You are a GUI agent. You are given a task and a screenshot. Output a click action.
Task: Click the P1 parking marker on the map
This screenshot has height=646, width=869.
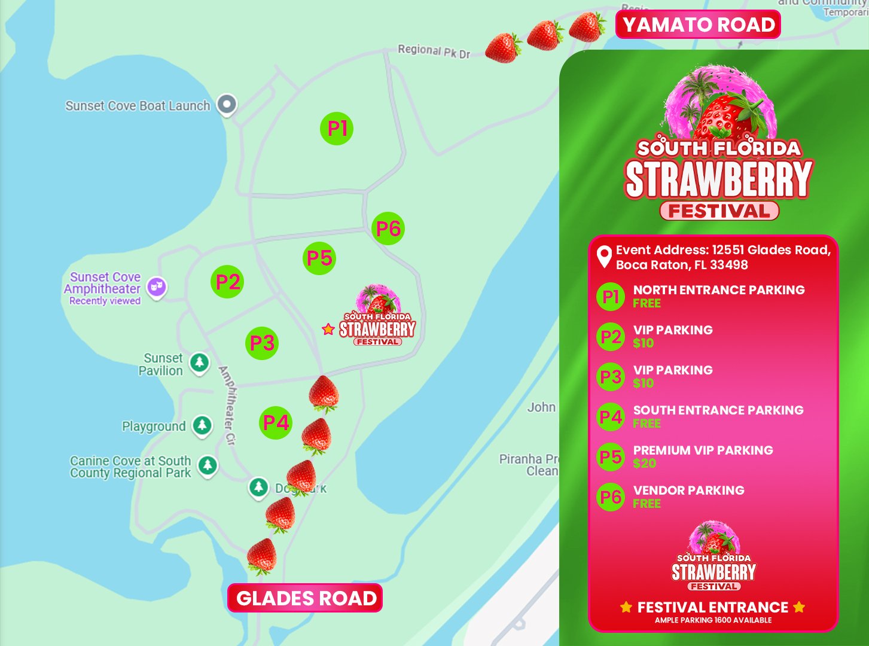337,128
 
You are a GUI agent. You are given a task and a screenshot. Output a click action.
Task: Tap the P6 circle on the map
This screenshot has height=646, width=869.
388,228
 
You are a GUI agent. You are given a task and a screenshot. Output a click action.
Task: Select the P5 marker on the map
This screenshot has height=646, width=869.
319,258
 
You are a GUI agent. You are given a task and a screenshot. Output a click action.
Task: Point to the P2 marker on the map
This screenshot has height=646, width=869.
228,282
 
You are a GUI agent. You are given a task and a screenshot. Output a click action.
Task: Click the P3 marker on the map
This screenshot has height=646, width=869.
262,343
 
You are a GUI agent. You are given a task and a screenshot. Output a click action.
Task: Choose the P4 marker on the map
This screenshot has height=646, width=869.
276,423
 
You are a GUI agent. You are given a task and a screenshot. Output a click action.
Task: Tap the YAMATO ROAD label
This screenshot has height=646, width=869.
699,25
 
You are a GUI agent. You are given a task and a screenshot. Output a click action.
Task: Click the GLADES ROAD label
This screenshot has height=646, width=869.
305,598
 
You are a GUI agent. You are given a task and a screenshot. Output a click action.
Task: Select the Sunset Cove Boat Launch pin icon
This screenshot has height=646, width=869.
227,105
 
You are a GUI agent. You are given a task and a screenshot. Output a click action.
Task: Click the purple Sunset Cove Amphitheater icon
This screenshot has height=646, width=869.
157,287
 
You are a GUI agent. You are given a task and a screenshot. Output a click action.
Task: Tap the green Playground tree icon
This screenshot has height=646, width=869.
202,425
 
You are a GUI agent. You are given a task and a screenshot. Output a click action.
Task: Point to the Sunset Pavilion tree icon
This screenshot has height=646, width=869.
199,362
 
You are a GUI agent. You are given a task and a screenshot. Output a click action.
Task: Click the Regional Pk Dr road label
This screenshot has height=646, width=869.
434,51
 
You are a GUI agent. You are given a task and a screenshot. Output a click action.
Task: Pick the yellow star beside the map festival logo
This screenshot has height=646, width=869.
328,329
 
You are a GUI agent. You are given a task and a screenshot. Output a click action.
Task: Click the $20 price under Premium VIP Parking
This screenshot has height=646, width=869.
644,464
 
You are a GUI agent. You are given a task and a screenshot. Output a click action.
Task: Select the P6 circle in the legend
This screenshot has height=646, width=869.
611,497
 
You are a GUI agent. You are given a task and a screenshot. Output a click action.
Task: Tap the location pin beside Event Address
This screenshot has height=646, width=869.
604,257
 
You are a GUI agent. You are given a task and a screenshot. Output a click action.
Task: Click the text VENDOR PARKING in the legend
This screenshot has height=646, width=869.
688,490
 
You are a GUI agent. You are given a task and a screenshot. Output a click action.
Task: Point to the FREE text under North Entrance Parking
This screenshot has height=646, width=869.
647,303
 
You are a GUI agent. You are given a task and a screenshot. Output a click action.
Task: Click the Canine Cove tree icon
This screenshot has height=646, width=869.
208,465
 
